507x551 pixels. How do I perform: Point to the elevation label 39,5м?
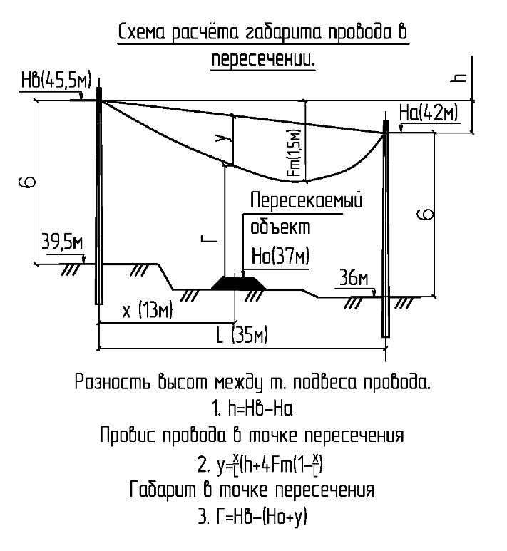pos(62,242)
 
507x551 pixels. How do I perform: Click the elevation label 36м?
pos(354,279)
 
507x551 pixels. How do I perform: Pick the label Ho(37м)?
pos(280,255)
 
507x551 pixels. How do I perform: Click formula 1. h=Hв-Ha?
pos(253,411)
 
